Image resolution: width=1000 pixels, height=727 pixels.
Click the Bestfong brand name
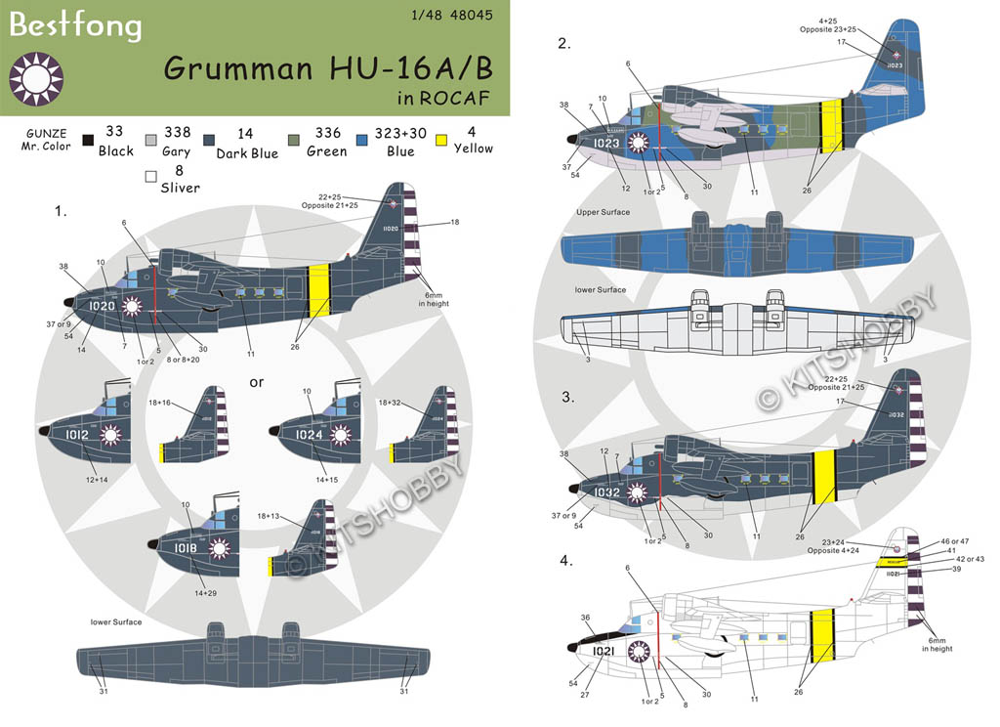pos(75,24)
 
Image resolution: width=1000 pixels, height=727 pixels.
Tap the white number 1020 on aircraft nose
pos(102,306)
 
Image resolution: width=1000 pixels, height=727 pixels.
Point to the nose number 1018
pos(186,549)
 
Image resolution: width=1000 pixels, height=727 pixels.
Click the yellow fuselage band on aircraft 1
pos(316,291)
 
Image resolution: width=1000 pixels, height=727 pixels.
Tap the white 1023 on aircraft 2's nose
pos(606,143)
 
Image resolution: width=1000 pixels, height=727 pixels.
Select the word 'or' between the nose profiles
pos(256,382)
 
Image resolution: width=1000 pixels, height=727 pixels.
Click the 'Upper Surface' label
pos(603,212)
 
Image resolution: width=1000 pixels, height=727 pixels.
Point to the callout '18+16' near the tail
pos(186,403)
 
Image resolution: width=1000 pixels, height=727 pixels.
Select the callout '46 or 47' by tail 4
pos(955,540)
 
